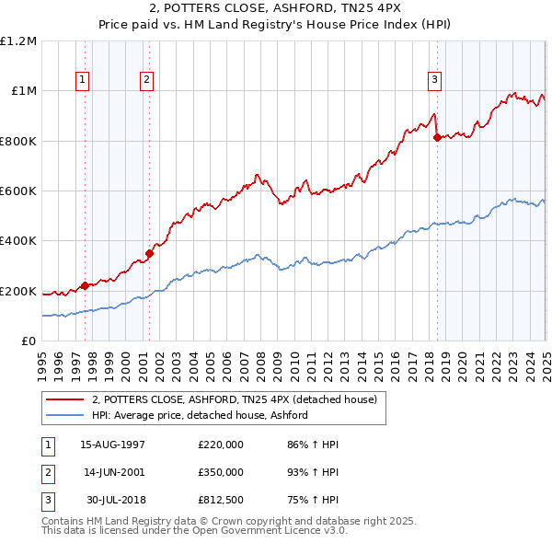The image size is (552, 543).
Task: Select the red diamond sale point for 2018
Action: coord(437,138)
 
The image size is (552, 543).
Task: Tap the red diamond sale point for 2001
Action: coord(149,254)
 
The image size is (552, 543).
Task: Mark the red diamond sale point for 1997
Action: coord(85,286)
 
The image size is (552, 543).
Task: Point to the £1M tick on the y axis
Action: coord(22,91)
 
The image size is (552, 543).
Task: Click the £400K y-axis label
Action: coord(18,241)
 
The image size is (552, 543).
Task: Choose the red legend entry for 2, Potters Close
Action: coord(234,399)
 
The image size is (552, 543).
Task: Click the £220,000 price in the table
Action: coord(220,445)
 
